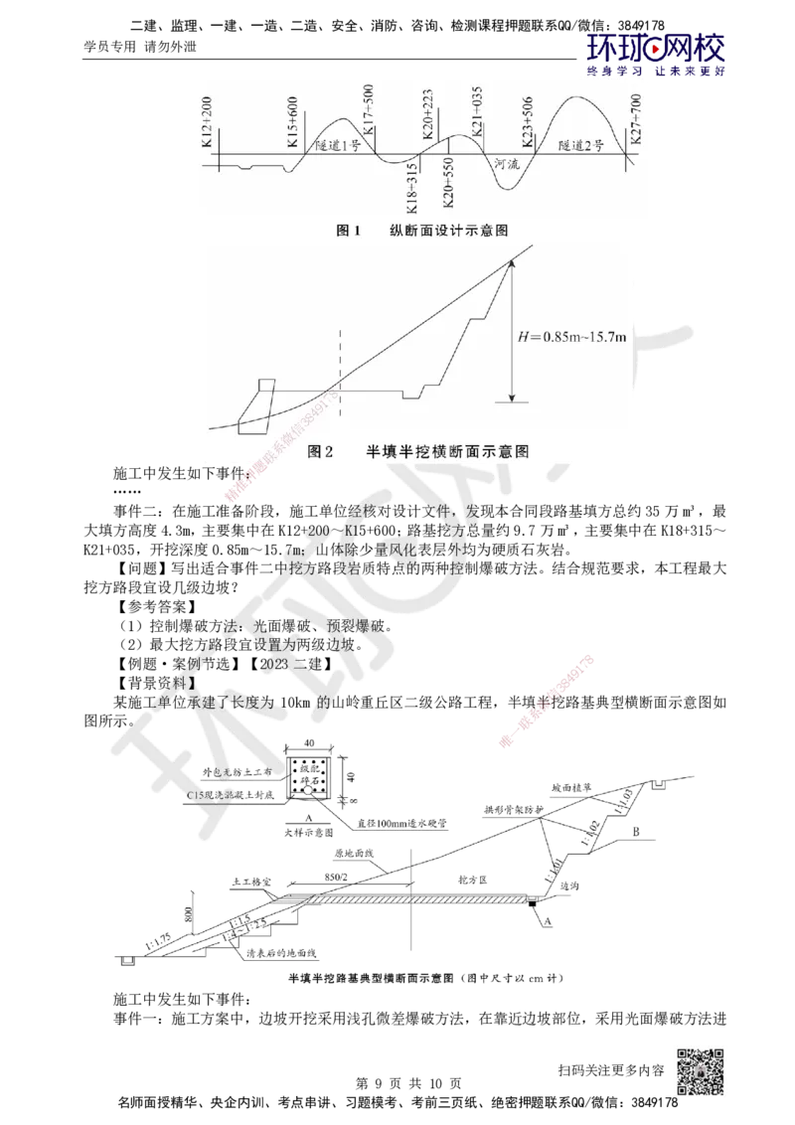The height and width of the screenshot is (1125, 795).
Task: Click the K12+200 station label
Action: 207,125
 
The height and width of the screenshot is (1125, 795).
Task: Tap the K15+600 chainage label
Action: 294,127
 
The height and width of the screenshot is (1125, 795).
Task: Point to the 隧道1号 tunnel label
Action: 336,145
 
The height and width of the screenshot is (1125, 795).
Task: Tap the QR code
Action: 703,1069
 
